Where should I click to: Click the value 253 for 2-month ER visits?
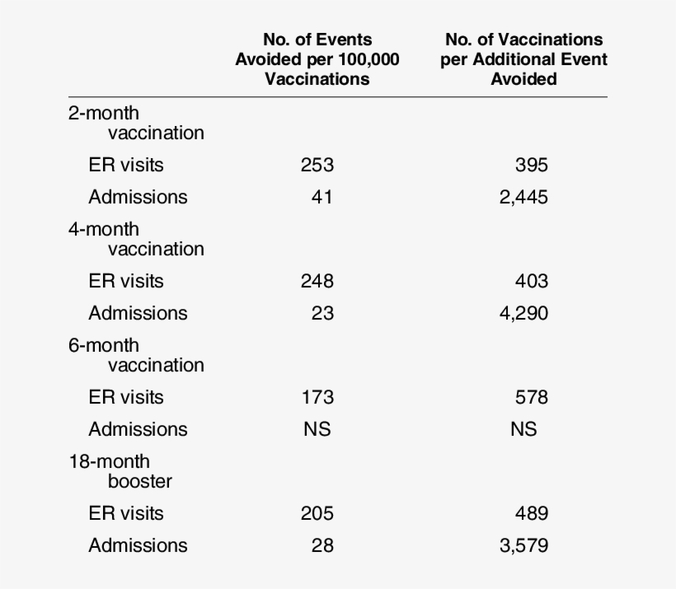(x=317, y=165)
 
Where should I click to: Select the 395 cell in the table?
(x=531, y=165)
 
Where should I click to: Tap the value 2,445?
(x=523, y=197)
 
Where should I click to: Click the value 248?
(x=317, y=281)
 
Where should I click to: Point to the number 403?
(x=531, y=281)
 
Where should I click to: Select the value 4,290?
(x=523, y=313)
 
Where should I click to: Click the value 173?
(x=317, y=397)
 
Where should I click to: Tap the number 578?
(x=531, y=397)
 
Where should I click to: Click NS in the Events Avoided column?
(x=317, y=429)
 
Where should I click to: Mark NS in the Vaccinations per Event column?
(x=523, y=429)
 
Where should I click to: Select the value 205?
(x=317, y=513)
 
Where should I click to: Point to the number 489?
(x=531, y=513)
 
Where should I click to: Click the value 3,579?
(x=523, y=545)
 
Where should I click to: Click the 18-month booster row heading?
(x=115, y=470)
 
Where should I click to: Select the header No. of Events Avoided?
(x=317, y=58)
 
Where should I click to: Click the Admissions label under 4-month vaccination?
(x=138, y=313)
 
